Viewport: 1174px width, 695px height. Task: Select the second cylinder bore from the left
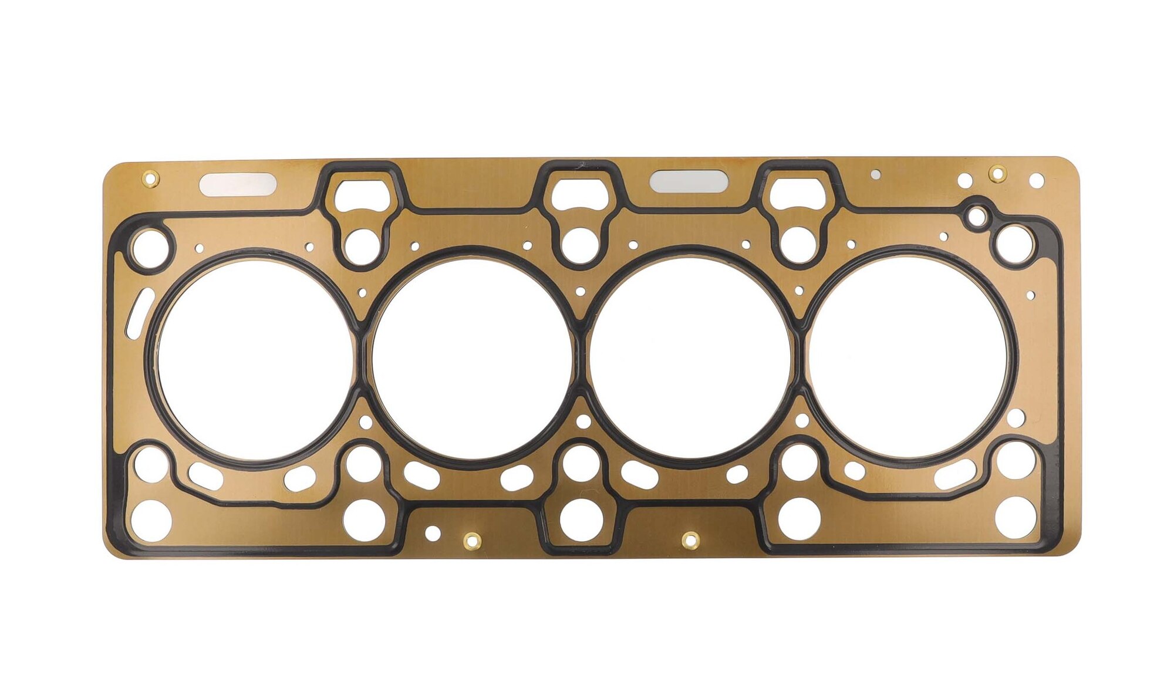(472, 359)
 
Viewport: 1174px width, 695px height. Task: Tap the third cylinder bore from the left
(690, 359)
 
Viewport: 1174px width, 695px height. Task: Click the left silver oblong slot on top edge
(238, 184)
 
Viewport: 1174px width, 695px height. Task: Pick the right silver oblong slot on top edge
(689, 181)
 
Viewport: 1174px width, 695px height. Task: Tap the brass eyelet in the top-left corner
(150, 177)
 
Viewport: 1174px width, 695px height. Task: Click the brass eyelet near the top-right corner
(997, 173)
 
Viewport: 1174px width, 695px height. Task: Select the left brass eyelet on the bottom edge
(472, 540)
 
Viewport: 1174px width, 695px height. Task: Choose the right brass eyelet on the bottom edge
(691, 539)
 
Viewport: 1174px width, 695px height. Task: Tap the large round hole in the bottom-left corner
(151, 521)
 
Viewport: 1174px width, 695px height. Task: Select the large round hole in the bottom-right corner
(1016, 517)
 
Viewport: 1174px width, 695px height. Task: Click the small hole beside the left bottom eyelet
(433, 534)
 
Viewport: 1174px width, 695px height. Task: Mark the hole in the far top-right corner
(1037, 180)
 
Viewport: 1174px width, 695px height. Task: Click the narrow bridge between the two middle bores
(581, 359)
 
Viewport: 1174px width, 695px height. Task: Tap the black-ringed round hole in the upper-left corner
(150, 248)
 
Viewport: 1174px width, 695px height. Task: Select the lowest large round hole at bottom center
(581, 519)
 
